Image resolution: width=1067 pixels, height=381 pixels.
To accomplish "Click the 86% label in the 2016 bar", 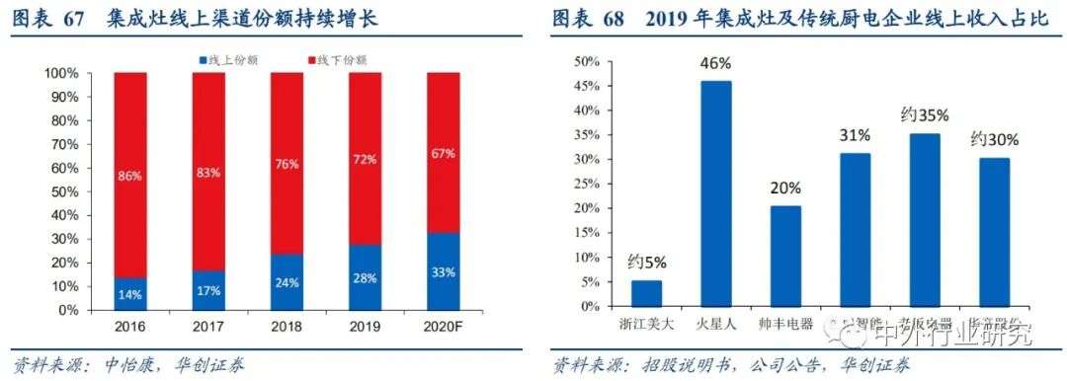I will (129, 175).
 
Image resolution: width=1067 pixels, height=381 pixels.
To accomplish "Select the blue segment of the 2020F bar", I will (442, 271).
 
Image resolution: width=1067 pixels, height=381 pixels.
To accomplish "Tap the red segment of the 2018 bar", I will (286, 163).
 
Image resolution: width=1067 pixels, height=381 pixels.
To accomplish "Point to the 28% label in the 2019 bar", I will (364, 278).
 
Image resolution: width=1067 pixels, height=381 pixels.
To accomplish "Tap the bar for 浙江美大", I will (646, 293).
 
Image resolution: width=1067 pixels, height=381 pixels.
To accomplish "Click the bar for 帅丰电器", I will (785, 256).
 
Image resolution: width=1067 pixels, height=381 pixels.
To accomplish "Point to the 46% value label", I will (716, 64).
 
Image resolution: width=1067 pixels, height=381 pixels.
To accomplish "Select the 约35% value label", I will (924, 115).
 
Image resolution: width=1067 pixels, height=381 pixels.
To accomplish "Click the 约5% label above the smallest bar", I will (646, 263).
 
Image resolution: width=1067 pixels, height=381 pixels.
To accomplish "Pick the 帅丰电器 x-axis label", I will (785, 323).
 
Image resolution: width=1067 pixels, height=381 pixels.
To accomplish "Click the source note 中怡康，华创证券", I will (173, 365).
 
